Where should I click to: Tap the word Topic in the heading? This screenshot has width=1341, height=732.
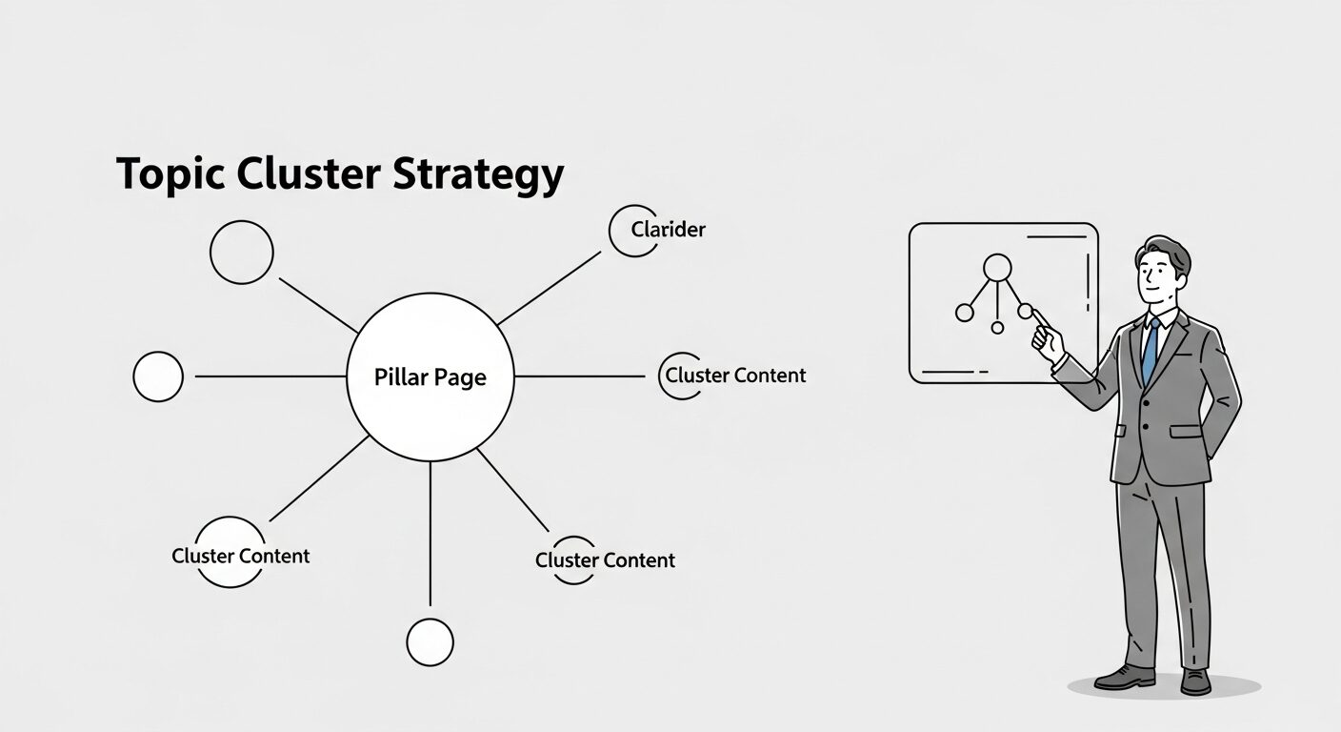tap(168, 176)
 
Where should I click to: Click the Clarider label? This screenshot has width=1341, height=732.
tap(668, 230)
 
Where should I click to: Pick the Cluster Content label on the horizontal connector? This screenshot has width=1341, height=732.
tap(735, 376)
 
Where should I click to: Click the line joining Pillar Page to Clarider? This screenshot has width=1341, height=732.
tap(550, 288)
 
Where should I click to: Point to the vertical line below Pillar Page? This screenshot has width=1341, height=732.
tap(430, 534)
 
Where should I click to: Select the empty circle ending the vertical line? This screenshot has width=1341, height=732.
tap(430, 641)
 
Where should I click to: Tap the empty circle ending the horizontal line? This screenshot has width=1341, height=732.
tap(158, 376)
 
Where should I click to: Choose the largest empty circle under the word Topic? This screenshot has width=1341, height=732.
tap(242, 252)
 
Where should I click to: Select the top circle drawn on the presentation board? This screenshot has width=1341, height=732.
tap(997, 267)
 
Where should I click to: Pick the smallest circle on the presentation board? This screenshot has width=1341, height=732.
tap(997, 328)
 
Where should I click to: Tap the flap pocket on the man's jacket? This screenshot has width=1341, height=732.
tap(1187, 431)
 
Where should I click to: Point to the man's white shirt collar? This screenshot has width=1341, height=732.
tap(1154, 318)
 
